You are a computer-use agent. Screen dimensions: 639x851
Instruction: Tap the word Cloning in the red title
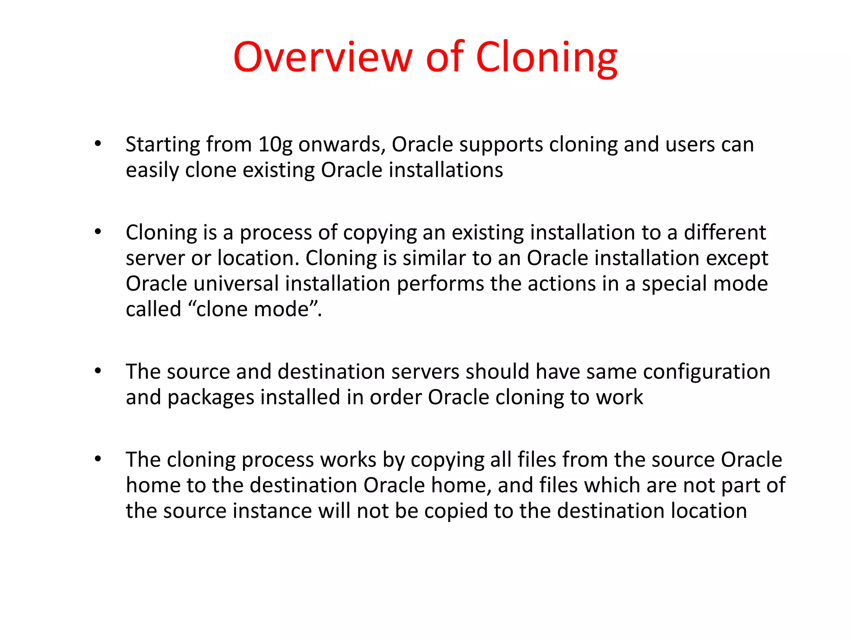[x=546, y=58]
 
